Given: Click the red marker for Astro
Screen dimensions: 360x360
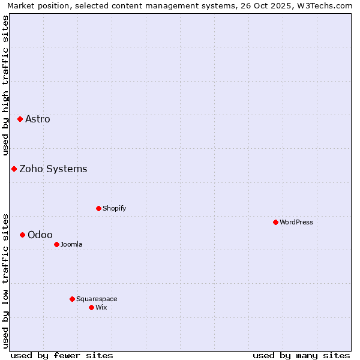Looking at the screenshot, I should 20,119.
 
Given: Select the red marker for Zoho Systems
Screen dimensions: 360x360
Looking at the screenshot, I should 14,169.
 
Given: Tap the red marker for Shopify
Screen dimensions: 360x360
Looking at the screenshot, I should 98,208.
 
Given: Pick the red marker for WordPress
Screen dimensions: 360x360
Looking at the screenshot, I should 275,222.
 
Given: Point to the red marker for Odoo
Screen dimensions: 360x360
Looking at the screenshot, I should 22,235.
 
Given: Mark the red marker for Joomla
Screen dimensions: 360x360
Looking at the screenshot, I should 56,244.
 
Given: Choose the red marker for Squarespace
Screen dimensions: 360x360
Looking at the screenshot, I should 72,299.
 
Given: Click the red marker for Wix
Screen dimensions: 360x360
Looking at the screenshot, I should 91,307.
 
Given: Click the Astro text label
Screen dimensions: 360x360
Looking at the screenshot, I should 38,119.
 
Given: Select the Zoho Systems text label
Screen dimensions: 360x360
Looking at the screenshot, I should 53,169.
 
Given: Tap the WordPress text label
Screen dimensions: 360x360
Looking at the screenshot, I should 296,222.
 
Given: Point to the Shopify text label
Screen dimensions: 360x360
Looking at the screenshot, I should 115,208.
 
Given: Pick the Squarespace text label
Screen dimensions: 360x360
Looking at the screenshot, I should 97,299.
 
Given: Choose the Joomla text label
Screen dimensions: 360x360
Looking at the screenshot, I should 71,244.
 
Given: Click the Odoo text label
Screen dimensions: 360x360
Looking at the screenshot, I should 40,235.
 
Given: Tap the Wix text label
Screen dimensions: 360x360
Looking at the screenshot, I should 101,307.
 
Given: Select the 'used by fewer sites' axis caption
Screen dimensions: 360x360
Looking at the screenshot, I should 62,355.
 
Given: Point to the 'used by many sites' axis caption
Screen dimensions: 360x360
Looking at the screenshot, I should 301,355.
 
